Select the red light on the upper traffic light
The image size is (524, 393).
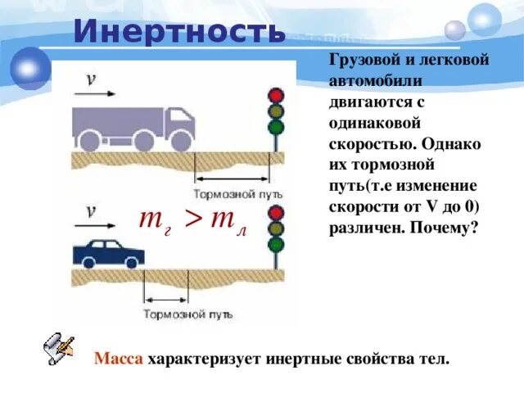[x=276, y=94]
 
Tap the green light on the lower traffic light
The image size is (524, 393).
[x=275, y=244]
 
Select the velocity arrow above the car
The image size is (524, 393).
[x=95, y=224]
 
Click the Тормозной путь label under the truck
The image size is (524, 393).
[x=238, y=194]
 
